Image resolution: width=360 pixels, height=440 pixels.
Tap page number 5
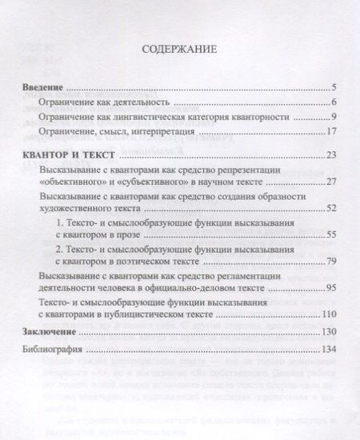pyautogui.click(x=338, y=88)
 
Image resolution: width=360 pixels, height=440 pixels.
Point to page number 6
pyautogui.click(x=338, y=103)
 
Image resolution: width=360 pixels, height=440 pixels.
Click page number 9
pyautogui.click(x=338, y=118)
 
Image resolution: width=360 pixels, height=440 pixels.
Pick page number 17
pyautogui.click(x=336, y=132)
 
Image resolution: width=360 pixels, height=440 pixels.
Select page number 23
pyautogui.click(x=336, y=154)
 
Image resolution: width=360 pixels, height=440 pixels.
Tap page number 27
pyautogui.click(x=336, y=182)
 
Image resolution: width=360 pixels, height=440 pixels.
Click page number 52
pyautogui.click(x=336, y=208)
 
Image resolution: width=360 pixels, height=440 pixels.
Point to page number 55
pyautogui.click(x=336, y=234)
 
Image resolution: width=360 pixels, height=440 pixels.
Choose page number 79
pyautogui.click(x=336, y=262)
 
